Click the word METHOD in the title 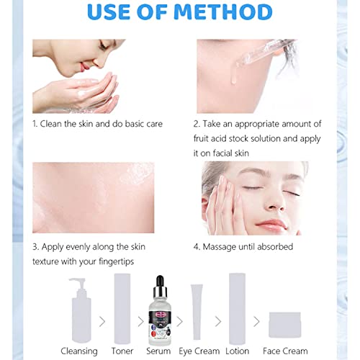point(223,12)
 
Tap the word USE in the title point(109,12)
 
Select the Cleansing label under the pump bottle point(79,351)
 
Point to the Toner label point(122,351)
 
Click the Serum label point(158,351)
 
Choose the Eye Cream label point(199,351)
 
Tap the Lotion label point(237,351)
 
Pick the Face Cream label point(285,351)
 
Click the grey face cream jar point(285,325)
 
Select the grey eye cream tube point(197,312)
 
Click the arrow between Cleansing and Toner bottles point(102,322)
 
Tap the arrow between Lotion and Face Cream point(256,322)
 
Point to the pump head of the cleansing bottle point(78,283)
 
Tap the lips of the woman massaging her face point(271,225)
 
